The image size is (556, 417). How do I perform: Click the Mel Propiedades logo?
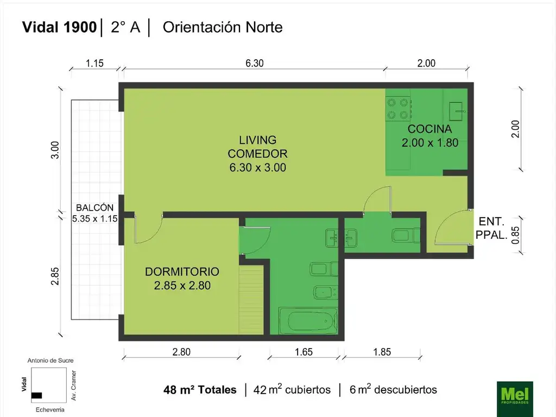(x=515, y=396)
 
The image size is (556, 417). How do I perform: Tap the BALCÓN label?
(x=94, y=207)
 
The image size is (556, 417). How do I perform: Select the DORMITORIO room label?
(x=182, y=271)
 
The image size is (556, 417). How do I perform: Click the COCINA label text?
(x=430, y=129)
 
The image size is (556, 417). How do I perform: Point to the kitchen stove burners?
(x=398, y=109)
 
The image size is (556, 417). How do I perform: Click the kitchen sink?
(x=457, y=111)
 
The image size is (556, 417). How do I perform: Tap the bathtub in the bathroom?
(x=308, y=321)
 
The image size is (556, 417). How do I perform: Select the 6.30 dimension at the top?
(x=255, y=63)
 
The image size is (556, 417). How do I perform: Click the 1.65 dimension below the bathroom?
(x=304, y=352)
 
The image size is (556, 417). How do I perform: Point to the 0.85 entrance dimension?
(x=515, y=235)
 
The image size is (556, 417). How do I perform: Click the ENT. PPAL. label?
(x=491, y=228)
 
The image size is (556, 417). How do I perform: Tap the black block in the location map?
(x=36, y=395)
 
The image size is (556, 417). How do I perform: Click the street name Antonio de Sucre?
(x=50, y=361)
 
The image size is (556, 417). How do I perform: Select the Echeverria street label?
(x=50, y=410)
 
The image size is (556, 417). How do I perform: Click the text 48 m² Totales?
(x=200, y=390)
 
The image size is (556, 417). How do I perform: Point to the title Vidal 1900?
(x=59, y=27)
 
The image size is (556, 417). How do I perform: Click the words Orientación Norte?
(x=223, y=27)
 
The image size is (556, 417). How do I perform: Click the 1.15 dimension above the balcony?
(x=94, y=63)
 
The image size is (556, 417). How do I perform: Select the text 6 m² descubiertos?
(x=393, y=389)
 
